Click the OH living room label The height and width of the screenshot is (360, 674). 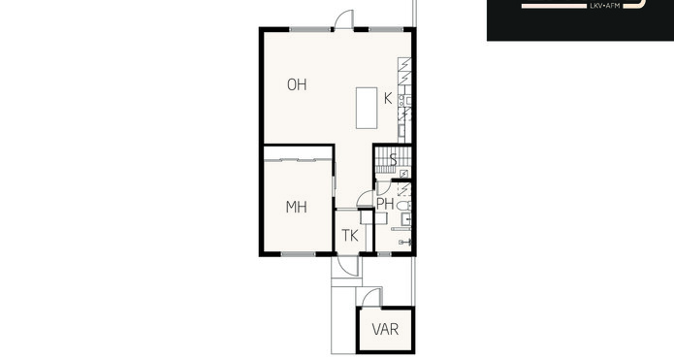coord(297,84)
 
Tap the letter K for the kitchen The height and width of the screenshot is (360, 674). coord(388,99)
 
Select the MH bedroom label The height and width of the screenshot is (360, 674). coord(296,208)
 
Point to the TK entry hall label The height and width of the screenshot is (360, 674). coord(350,235)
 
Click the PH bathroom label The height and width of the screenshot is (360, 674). coord(385,204)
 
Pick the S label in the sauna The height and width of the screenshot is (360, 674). coord(393,159)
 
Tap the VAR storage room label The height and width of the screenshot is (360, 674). coord(385,330)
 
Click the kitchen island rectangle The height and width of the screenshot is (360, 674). coord(367,108)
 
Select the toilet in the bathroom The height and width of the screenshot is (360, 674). coord(403,206)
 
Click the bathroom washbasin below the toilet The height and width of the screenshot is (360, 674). coord(406,219)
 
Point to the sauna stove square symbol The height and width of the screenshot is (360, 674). coord(403,174)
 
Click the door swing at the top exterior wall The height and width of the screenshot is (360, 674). coord(344,19)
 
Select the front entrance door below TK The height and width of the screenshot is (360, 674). coord(348,266)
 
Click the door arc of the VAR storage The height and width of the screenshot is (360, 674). coord(371,298)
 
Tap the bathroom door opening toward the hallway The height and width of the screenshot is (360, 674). coord(365,199)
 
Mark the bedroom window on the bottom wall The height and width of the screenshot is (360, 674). coord(298,254)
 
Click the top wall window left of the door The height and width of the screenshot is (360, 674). coord(310,29)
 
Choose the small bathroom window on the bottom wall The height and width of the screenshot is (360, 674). coord(384,254)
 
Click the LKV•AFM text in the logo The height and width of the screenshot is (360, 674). coord(605,6)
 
